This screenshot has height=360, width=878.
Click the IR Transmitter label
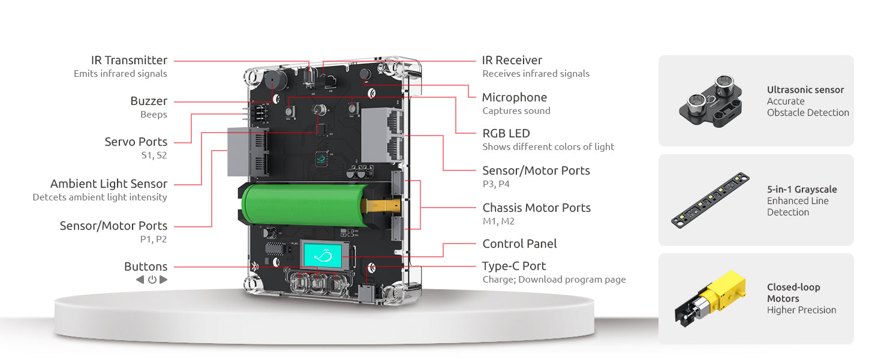tap(129, 61)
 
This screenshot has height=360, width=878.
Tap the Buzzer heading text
tap(149, 101)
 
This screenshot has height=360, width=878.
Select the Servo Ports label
tap(136, 142)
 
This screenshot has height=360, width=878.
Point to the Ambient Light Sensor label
tap(109, 184)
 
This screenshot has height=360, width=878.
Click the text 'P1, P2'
tap(154, 239)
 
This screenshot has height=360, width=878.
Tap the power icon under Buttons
tap(152, 280)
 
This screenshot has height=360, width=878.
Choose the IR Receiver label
tap(512, 61)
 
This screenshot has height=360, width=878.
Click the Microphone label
tap(515, 98)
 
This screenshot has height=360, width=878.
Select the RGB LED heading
tap(506, 134)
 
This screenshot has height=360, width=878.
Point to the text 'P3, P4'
tap(496, 184)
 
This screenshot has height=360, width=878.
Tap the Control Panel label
tap(519, 244)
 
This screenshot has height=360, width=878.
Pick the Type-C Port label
tap(514, 266)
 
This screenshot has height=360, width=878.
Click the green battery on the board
tap(303, 205)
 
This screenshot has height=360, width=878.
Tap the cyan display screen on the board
tap(323, 256)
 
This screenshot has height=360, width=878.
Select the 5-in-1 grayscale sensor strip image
tap(710, 200)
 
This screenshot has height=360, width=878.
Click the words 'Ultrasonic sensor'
tap(805, 90)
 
